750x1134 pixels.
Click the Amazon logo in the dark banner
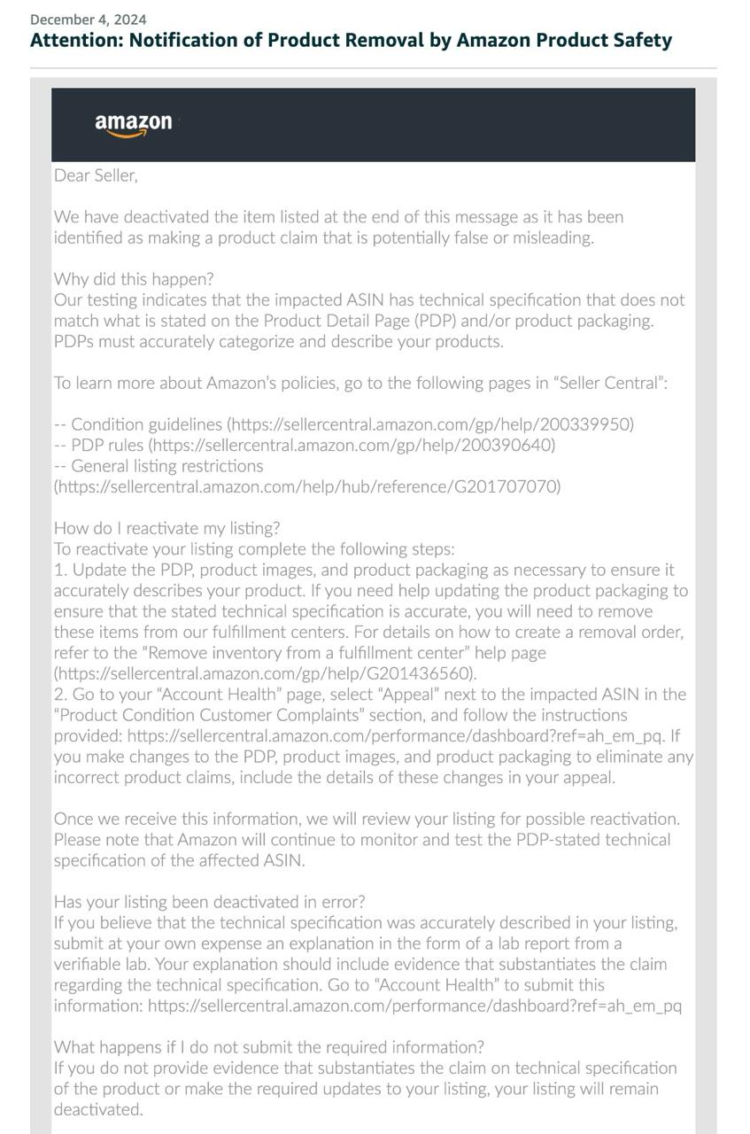(x=134, y=124)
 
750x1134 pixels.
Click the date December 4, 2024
(x=89, y=19)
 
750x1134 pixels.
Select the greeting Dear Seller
(x=96, y=175)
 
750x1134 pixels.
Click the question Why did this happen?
(x=134, y=279)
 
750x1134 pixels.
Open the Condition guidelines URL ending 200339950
(x=431, y=424)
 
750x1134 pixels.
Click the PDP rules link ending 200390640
(x=352, y=445)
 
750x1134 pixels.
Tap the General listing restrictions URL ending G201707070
(x=307, y=486)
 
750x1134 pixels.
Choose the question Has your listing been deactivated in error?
(x=209, y=902)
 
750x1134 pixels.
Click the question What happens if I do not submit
(x=269, y=1047)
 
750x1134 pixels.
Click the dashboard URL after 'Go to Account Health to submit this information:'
(x=414, y=1006)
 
